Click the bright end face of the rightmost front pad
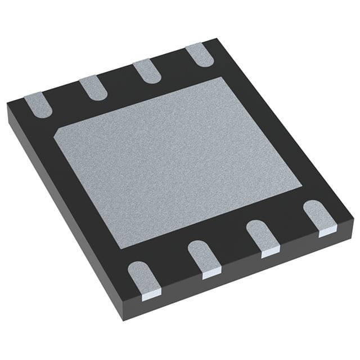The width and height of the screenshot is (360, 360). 327,231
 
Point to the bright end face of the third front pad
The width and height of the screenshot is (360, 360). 270,253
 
